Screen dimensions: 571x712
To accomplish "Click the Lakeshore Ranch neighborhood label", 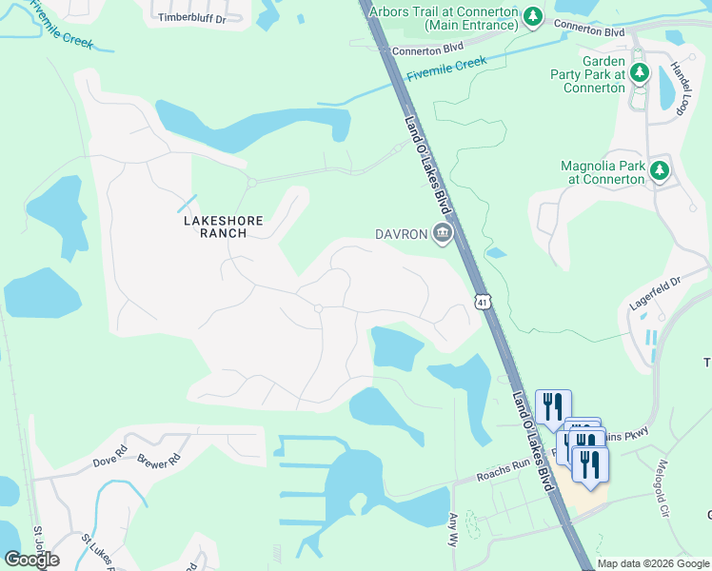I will coord(223,226).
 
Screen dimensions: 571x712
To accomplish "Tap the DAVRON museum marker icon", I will coord(442,233).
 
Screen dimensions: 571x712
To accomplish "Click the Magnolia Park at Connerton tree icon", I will coord(659,171).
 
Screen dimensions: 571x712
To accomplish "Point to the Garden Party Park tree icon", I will coord(640,71).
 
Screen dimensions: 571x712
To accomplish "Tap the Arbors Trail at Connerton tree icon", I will coord(533,17).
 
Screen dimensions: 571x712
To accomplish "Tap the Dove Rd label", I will coord(110,463).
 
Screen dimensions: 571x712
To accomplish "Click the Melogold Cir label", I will coord(663,489).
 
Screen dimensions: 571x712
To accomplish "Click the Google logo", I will coord(31,560).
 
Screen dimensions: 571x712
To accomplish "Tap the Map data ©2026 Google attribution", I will coord(653,563).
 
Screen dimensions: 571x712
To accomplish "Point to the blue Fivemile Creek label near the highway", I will coord(446,69).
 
